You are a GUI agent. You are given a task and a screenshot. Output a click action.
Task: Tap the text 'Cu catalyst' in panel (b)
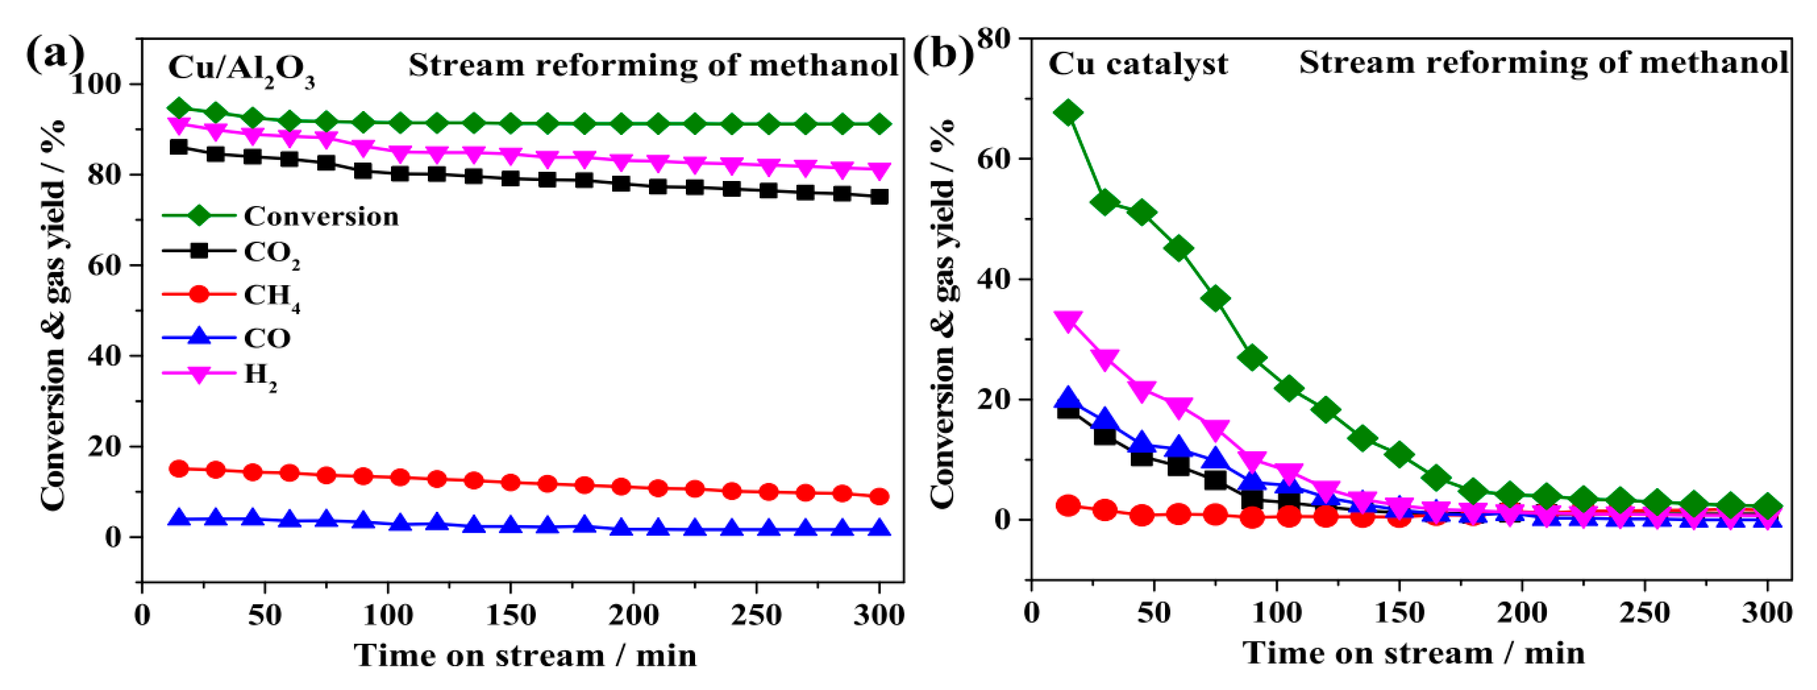pyautogui.click(x=1137, y=64)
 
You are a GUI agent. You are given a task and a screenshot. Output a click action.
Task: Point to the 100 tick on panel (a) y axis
pyautogui.click(x=105, y=84)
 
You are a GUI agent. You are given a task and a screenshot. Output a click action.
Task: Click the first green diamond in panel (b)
pyautogui.click(x=1068, y=113)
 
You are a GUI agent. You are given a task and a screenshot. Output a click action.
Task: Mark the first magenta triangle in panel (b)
pyautogui.click(x=1068, y=322)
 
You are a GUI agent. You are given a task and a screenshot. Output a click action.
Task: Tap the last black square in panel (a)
pyautogui.click(x=879, y=197)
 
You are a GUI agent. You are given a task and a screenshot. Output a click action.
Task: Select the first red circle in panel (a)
pyautogui.click(x=179, y=468)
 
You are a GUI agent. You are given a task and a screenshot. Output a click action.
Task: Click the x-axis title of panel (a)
pyautogui.click(x=525, y=656)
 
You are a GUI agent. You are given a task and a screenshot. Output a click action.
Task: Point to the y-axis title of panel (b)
pyautogui.click(x=942, y=311)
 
